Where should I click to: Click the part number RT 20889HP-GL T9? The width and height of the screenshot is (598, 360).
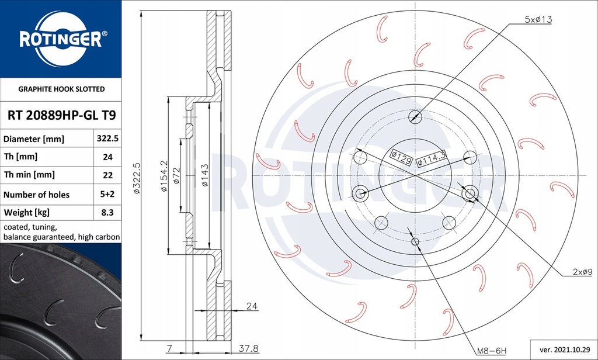(x=62, y=115)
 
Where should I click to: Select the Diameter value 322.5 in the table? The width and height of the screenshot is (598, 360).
(x=107, y=139)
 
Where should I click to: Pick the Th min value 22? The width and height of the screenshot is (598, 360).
(x=107, y=175)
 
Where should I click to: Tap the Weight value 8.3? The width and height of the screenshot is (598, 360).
(x=107, y=212)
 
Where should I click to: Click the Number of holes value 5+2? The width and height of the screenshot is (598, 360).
(x=107, y=194)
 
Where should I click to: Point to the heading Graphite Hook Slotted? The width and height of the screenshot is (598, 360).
(x=61, y=89)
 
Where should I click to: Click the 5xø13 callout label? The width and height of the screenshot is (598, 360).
(x=538, y=19)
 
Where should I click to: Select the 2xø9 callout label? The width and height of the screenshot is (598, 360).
(x=582, y=272)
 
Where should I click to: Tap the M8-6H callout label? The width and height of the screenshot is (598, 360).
(x=491, y=351)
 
